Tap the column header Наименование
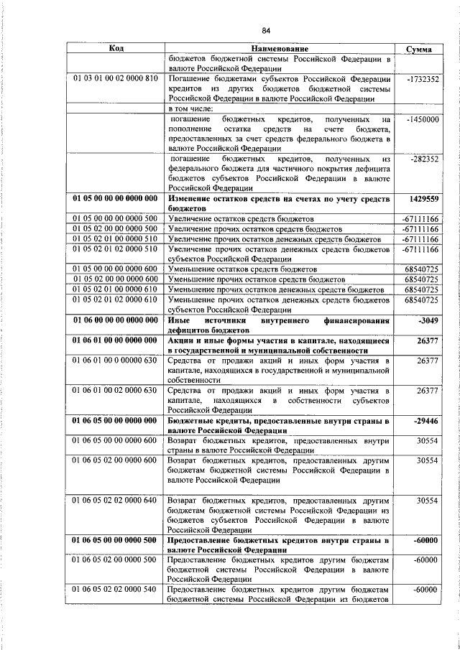tap(280, 48)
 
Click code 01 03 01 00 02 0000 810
tap(115, 79)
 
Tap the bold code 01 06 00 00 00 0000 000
tap(115, 320)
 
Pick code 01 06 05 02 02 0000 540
tap(115, 590)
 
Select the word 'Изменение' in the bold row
tap(191, 198)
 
